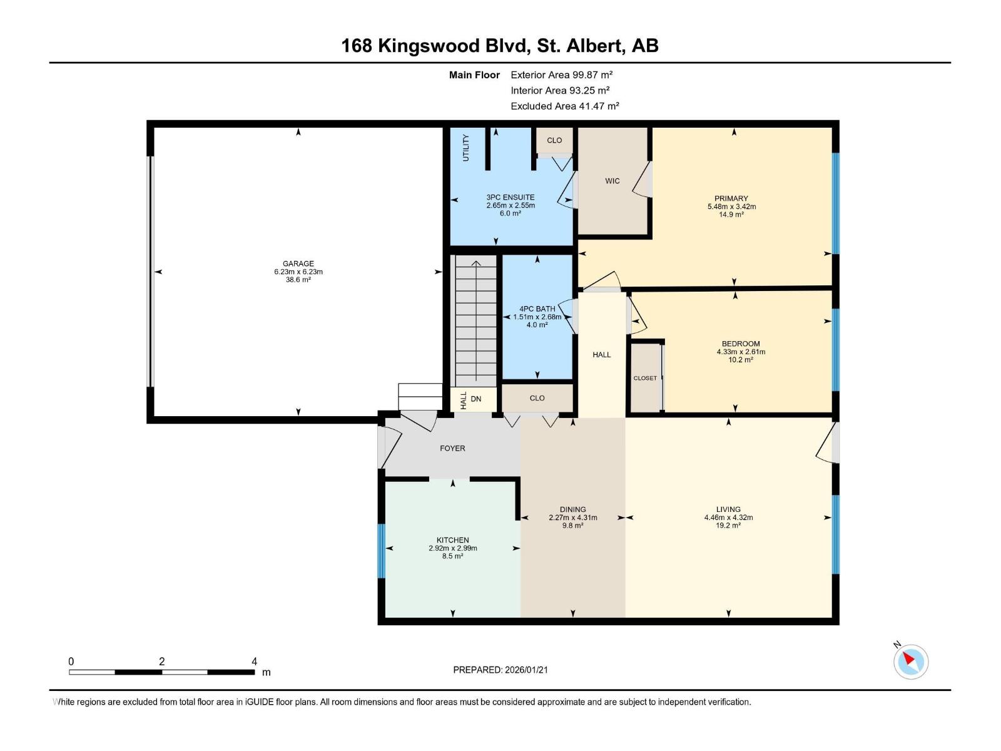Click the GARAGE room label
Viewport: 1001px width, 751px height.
(x=298, y=263)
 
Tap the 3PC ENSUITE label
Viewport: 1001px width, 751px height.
(x=511, y=197)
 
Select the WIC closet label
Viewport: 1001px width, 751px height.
(x=612, y=181)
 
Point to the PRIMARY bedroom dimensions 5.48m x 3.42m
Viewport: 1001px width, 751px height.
(x=731, y=207)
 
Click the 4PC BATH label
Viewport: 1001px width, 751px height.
(x=537, y=309)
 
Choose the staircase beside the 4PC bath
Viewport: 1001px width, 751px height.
(x=475, y=322)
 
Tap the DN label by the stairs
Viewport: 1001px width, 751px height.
(x=476, y=399)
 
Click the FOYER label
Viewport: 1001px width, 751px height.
(x=452, y=448)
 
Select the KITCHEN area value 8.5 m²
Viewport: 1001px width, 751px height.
(x=452, y=556)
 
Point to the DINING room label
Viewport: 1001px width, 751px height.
(x=572, y=509)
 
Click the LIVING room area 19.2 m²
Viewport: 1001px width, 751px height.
(x=728, y=526)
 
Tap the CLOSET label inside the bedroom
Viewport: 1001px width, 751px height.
(x=645, y=378)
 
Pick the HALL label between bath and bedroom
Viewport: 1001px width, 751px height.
(x=601, y=355)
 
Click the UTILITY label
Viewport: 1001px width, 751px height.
(x=465, y=148)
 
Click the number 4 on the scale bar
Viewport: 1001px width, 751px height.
(x=254, y=662)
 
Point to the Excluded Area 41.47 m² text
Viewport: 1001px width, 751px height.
(x=564, y=106)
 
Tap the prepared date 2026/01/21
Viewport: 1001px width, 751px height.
(x=526, y=670)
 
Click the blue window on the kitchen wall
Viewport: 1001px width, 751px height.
(x=380, y=551)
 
